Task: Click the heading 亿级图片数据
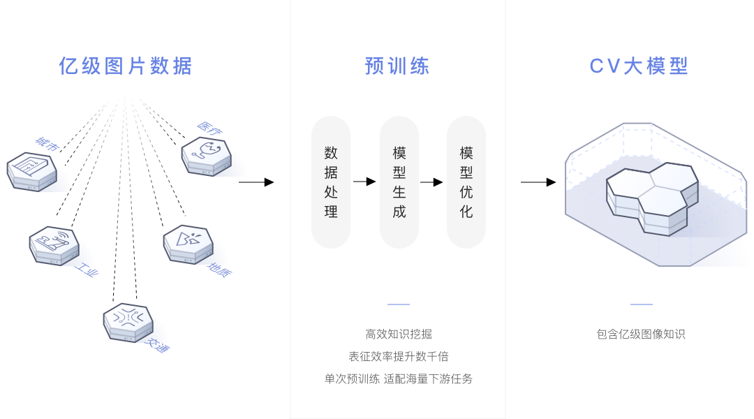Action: tap(126, 66)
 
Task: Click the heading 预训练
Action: tap(397, 66)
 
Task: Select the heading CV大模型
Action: tap(639, 66)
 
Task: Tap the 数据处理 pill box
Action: tap(331, 182)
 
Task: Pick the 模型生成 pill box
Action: tap(399, 182)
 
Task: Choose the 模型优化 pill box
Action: tap(466, 182)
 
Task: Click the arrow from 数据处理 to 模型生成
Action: tap(364, 182)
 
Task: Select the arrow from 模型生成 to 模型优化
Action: tap(432, 182)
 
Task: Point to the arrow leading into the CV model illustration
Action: tap(538, 182)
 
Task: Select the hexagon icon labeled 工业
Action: tap(54, 245)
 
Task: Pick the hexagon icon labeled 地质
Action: tap(188, 244)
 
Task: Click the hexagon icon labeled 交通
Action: tap(128, 322)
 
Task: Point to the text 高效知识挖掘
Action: tap(399, 334)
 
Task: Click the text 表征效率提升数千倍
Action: tap(399, 356)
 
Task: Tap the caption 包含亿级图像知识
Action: tap(641, 334)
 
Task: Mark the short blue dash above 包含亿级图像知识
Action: tap(641, 304)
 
